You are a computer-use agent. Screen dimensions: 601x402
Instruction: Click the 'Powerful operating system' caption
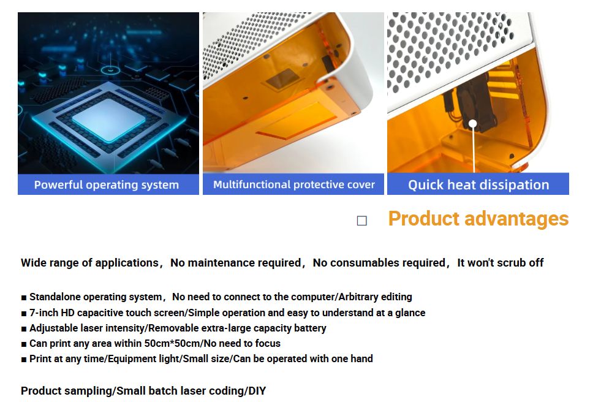click(107, 184)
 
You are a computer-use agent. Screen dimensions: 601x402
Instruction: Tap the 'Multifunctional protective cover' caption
click(293, 184)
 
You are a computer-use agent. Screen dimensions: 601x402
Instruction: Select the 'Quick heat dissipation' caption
click(478, 184)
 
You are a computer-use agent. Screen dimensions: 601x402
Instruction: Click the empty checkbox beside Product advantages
click(362, 221)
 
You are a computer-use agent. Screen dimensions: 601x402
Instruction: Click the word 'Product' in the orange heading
click(423, 219)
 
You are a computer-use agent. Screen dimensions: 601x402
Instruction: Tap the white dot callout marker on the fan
click(473, 123)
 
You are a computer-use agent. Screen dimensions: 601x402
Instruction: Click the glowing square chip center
click(108, 119)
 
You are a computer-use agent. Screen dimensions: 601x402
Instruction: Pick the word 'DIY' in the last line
click(257, 391)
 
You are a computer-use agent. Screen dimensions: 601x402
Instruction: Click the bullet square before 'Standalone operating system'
click(24, 298)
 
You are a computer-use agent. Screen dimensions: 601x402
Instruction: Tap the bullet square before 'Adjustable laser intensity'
click(24, 329)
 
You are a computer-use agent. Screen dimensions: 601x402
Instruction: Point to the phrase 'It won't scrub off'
click(500, 263)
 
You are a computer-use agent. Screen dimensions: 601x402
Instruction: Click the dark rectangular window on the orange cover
click(283, 79)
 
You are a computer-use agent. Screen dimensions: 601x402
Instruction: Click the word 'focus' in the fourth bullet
click(268, 343)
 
